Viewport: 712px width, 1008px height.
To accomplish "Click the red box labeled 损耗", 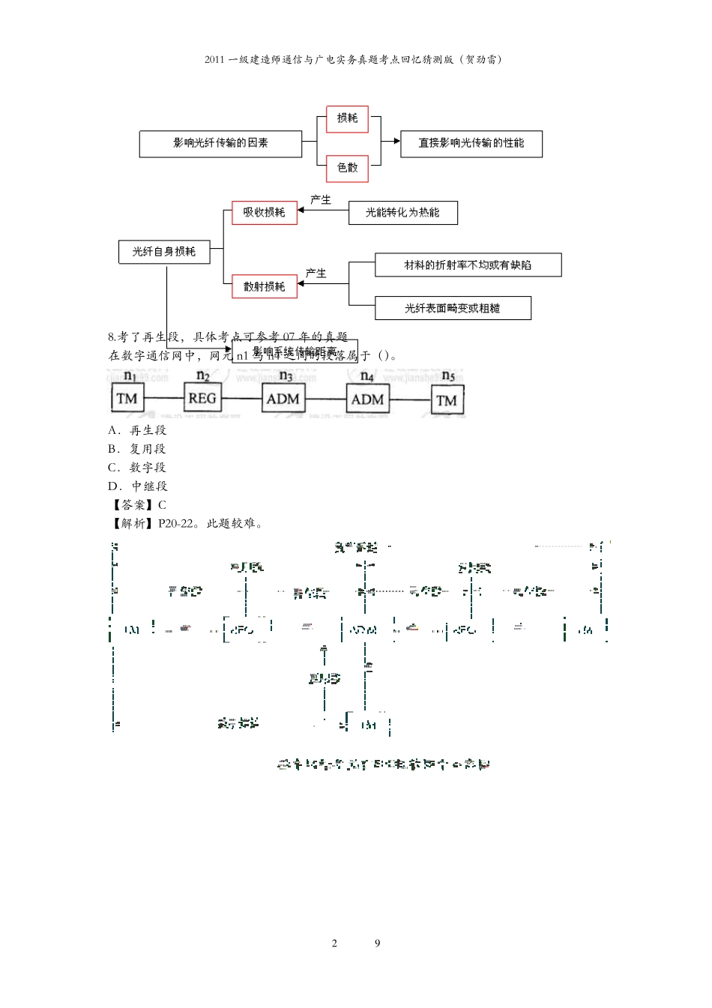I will coord(347,118).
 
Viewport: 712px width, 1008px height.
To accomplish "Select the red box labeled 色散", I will coord(347,168).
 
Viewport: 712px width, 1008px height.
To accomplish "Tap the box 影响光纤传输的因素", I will coord(220,143).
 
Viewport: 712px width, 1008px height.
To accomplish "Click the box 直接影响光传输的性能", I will coord(471,143).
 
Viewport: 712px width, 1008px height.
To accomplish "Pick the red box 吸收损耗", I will coord(264,213).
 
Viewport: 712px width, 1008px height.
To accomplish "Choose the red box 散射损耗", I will coord(264,286).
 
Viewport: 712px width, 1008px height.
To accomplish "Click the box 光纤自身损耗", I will coord(164,252).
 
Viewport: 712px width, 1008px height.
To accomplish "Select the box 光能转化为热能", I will coord(402,213).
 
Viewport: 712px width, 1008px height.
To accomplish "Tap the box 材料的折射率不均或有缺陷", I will coord(468,265).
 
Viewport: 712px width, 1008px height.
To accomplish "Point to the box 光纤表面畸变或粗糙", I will coord(453,308).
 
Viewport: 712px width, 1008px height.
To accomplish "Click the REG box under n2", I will coord(202,399).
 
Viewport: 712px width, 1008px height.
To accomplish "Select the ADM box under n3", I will coord(283,399).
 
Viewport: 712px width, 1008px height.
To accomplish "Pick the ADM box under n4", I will coord(367,399).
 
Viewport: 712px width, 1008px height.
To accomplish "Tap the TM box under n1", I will coord(127,399).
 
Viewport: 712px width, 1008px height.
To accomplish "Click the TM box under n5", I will coord(447,401).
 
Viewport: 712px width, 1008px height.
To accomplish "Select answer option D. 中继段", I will coord(138,486).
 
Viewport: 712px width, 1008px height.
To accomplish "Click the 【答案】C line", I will coord(139,505).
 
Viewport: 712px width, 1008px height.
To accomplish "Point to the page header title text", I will coord(355,60).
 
